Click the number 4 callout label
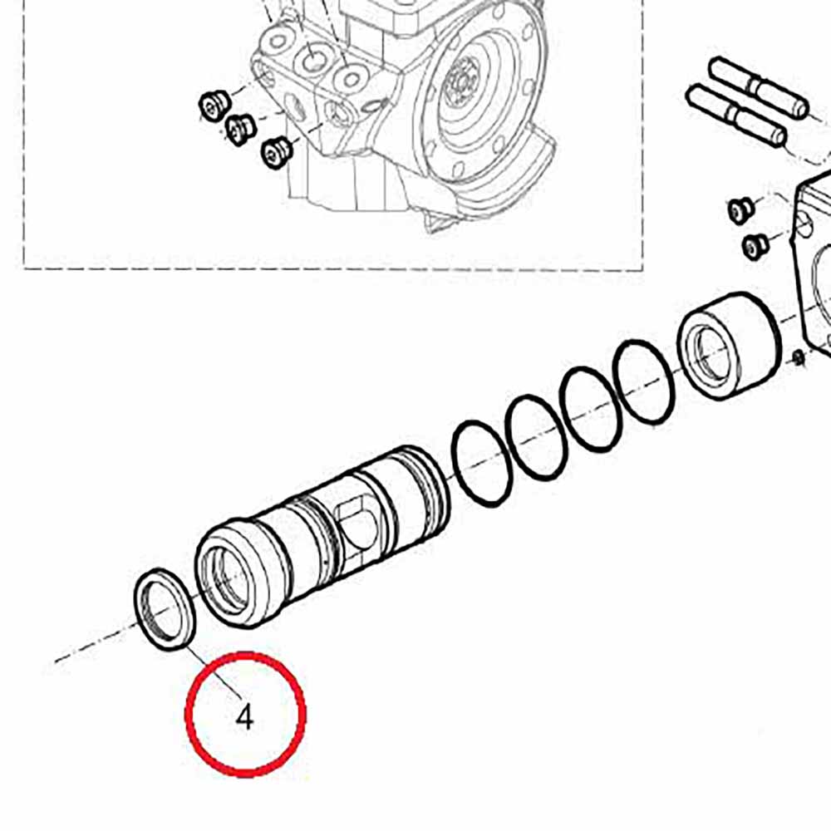point(245,718)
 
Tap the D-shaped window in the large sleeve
point(358,522)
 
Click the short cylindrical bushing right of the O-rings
point(730,346)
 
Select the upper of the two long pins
point(759,87)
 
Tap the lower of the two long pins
point(735,116)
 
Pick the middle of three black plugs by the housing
point(241,130)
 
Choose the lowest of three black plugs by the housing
point(277,153)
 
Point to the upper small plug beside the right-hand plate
point(740,210)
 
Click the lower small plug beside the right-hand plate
point(755,246)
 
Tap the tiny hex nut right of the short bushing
point(799,358)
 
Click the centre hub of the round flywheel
point(461,82)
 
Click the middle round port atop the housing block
point(312,60)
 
